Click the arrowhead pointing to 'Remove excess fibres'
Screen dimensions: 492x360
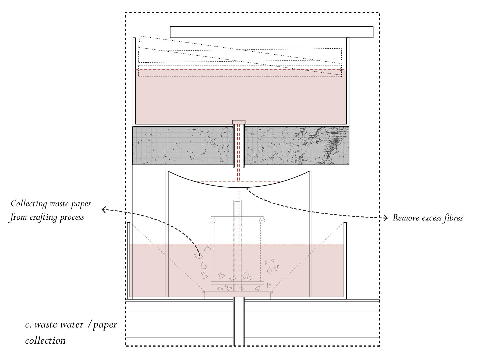click(386, 218)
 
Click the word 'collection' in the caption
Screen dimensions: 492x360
click(45, 341)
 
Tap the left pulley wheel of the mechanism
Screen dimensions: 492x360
click(213, 221)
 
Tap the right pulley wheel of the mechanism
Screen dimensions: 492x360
click(262, 221)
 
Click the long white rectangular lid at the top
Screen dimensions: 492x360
click(271, 32)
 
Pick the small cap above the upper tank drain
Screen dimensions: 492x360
click(239, 122)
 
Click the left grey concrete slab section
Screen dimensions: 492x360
click(183, 145)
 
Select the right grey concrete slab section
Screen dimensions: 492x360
click(296, 145)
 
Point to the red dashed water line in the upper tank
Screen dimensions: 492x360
click(215, 70)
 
